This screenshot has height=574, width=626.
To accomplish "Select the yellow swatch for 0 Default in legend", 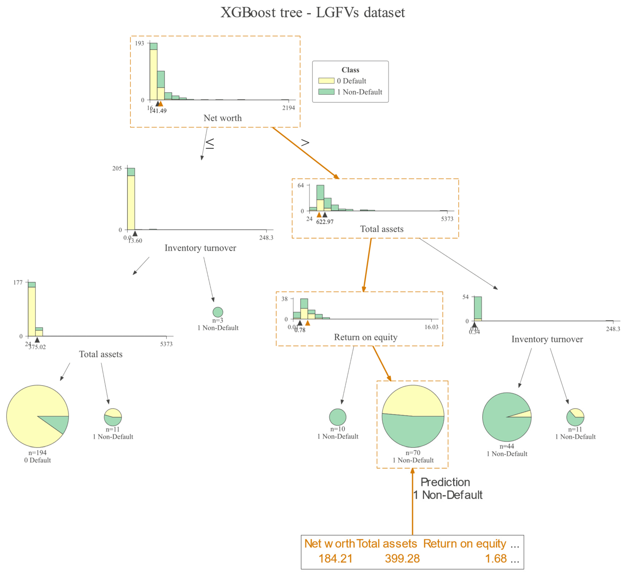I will tap(326, 81).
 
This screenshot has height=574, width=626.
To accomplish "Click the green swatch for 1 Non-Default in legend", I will tap(326, 92).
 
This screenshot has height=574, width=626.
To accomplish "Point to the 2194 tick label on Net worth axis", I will tap(289, 108).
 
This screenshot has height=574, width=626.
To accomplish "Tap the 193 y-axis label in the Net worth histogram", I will tap(139, 43).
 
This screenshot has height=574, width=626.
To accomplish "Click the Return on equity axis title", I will tap(366, 337).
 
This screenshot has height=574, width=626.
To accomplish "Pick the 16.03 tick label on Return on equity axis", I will tap(431, 327).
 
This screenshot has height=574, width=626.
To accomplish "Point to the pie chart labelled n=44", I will tap(507, 417).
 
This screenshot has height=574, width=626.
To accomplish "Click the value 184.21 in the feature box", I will tap(336, 558).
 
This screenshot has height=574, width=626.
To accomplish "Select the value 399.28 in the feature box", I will tap(402, 558).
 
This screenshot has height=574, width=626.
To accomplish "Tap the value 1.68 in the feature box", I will tap(496, 558).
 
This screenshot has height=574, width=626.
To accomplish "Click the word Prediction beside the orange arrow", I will tap(445, 482).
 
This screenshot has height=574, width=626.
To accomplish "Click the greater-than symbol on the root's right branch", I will tap(305, 143).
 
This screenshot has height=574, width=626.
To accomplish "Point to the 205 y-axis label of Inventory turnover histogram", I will tap(117, 168).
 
